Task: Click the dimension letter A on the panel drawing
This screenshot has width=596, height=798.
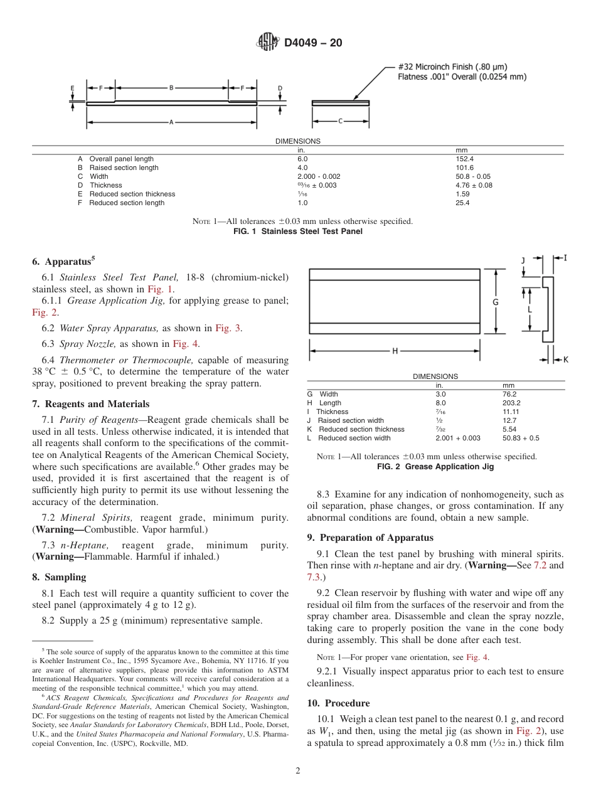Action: click(171, 122)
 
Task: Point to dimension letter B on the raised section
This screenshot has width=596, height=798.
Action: click(171, 88)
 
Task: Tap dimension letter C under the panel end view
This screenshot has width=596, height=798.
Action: click(339, 120)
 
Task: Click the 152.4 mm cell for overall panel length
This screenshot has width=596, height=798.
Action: click(464, 159)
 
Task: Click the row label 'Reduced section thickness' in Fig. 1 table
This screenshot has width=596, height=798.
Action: click(132, 194)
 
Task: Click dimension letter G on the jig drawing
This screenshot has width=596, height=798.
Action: click(495, 302)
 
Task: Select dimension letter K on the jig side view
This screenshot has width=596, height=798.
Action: click(565, 359)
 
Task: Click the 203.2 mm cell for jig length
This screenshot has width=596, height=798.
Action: click(512, 403)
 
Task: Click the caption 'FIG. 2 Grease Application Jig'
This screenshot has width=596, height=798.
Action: click(435, 467)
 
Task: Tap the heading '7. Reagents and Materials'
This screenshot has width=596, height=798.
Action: click(90, 404)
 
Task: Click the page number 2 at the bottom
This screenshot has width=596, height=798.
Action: click(297, 771)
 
